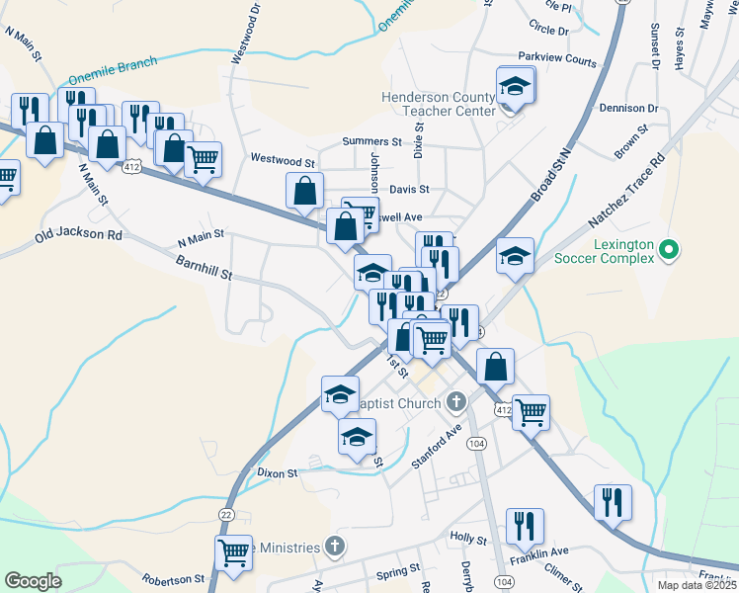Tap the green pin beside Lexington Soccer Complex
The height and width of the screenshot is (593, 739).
point(668,248)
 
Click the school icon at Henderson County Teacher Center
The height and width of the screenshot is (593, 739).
point(515,86)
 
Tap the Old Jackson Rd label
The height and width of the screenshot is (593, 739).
point(78,236)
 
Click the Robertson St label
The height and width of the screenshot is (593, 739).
point(173,579)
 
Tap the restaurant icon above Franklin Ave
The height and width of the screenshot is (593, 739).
point(524,525)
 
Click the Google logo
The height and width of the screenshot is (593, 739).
point(33,581)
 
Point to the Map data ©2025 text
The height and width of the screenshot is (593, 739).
point(696,585)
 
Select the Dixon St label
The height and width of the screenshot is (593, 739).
point(278,473)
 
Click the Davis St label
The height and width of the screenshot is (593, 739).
point(409,189)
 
